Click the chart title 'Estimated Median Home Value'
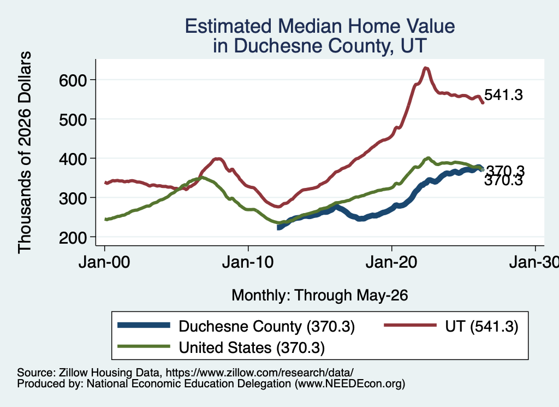(320, 26)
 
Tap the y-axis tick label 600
(73, 80)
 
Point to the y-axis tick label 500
(73, 120)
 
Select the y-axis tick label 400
(73, 159)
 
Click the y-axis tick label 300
(73, 198)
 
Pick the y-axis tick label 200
(73, 237)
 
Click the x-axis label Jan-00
(104, 262)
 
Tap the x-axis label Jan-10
(248, 262)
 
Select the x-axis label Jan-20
(391, 262)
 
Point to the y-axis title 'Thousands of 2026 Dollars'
(25, 152)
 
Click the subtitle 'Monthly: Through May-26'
(320, 296)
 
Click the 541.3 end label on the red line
(503, 95)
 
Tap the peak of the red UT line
(425, 68)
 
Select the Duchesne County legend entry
(236, 326)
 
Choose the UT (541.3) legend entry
(451, 326)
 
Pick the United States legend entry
(222, 347)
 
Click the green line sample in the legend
(144, 346)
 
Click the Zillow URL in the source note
(259, 373)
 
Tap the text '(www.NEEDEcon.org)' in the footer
(350, 384)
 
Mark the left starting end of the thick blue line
(278, 227)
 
